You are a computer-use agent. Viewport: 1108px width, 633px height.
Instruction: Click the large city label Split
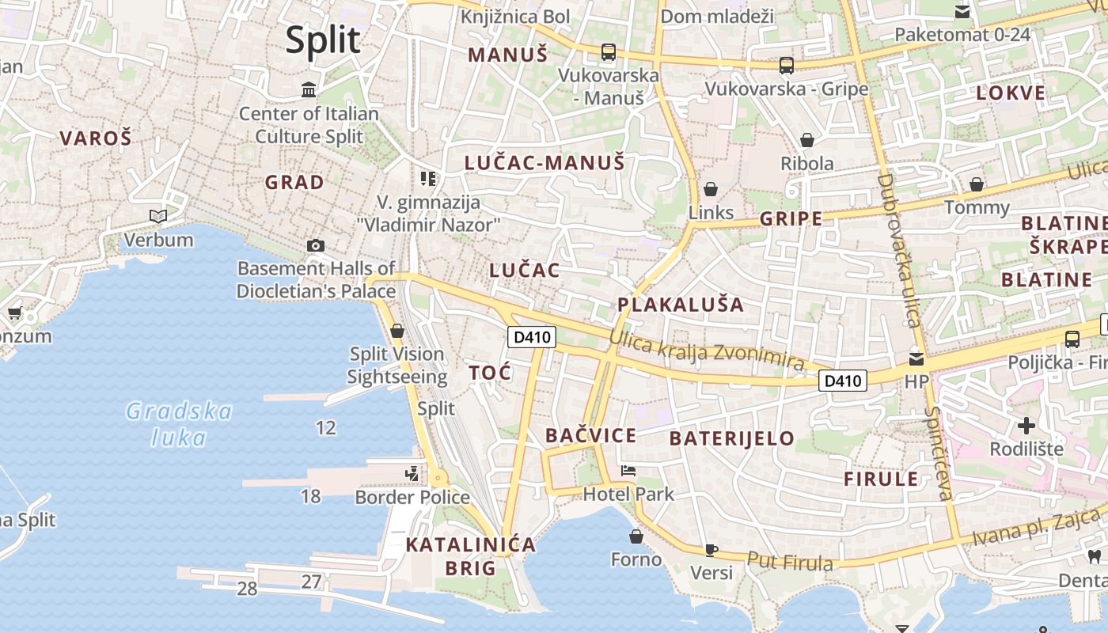[323, 40]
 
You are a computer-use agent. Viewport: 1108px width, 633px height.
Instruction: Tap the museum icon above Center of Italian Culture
[309, 89]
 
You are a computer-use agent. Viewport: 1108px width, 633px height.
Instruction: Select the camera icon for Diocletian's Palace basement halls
[316, 245]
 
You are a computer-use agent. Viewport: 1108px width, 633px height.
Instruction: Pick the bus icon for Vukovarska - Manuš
[608, 52]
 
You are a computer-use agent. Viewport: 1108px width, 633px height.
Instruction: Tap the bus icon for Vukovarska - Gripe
[786, 65]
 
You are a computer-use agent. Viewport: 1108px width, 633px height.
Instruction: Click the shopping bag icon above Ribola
[806, 140]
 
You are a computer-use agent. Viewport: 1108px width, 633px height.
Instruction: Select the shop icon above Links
[711, 189]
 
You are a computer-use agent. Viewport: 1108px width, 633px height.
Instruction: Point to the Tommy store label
[977, 207]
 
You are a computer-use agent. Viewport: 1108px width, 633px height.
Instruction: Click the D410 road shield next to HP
[842, 381]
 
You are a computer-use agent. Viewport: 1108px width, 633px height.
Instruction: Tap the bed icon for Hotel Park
[628, 471]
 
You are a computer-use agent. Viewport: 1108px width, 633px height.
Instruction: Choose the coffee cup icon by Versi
[711, 549]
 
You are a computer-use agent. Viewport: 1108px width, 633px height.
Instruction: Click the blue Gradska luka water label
[179, 424]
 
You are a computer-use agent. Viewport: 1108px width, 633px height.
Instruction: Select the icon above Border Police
[412, 474]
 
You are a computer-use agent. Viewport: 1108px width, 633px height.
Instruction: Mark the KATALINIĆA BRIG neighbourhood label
[470, 556]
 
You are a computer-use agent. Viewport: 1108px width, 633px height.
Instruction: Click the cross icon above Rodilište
[1026, 426]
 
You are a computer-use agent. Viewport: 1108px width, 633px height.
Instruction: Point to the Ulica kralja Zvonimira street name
[707, 351]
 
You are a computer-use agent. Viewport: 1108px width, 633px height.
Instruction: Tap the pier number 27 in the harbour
[311, 582]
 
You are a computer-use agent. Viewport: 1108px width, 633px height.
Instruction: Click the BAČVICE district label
[590, 435]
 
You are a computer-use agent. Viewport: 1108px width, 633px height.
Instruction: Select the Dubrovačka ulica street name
[899, 250]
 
